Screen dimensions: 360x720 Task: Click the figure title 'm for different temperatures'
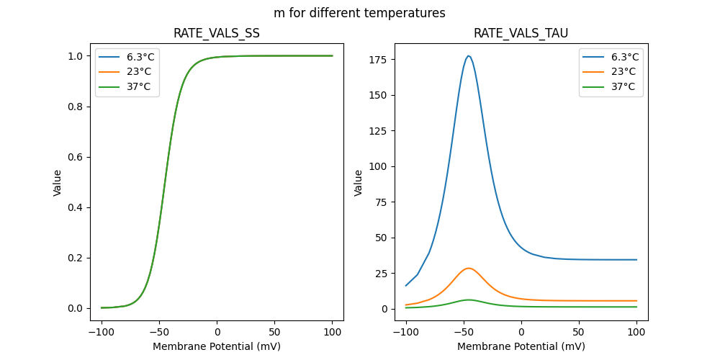(x=359, y=13)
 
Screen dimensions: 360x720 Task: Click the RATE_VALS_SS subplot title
(x=217, y=34)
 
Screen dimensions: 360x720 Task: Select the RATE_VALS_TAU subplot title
(x=521, y=34)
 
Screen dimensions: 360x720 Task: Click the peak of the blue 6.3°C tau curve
(x=469, y=55)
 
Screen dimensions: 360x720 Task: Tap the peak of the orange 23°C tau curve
(x=469, y=268)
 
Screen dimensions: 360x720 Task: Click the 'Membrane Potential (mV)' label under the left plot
(x=217, y=346)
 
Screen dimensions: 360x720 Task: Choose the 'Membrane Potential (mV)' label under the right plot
(x=521, y=346)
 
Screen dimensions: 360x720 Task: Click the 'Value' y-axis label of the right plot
(x=359, y=183)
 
